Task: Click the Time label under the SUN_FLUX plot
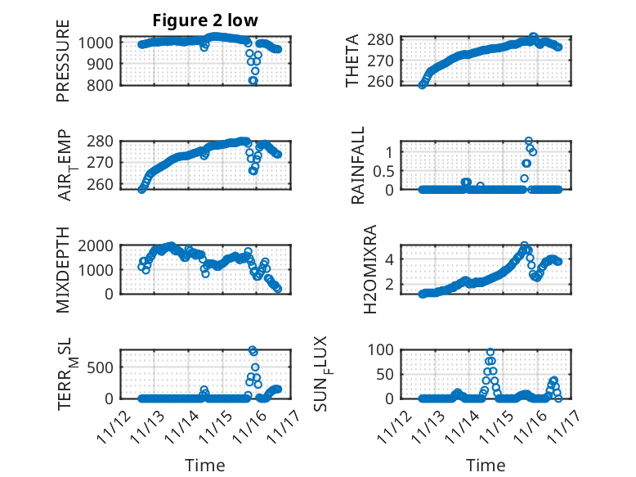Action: click(x=486, y=465)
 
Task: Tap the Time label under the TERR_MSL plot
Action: click(x=204, y=465)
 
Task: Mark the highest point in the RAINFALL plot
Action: click(x=529, y=142)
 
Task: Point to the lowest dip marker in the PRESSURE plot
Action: click(x=253, y=81)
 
